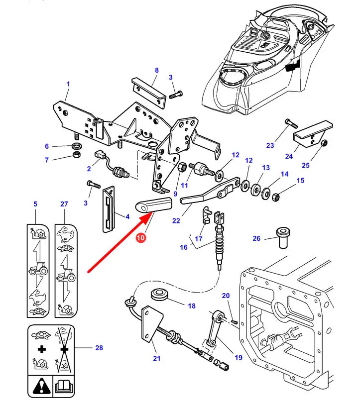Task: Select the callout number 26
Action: coord(256,238)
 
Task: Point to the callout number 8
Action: coord(156,70)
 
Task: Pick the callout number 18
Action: coord(191,306)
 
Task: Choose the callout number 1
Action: coord(68,84)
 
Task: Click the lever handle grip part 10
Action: coord(154,205)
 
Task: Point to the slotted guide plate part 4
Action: coord(109,209)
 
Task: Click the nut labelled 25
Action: coord(323,143)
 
